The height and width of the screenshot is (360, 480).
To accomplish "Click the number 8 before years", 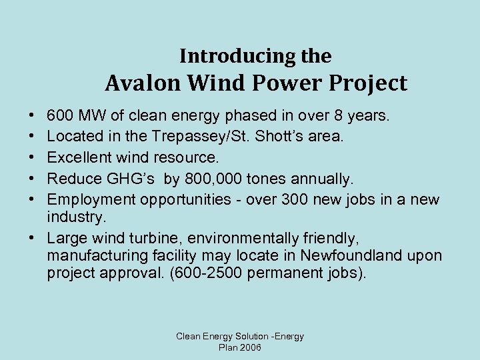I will [337, 117].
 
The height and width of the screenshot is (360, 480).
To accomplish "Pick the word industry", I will [75, 217].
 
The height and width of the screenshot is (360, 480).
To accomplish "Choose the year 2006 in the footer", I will [249, 348].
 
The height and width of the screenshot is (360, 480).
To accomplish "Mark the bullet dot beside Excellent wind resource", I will [33, 158].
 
